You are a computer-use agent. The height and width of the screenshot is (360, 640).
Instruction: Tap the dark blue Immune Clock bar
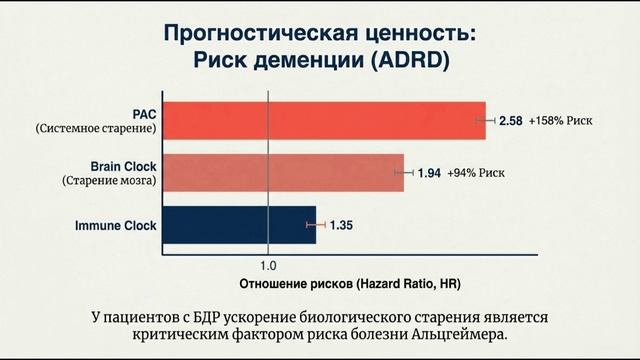238,225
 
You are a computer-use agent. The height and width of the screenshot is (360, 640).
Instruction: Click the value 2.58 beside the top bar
510,121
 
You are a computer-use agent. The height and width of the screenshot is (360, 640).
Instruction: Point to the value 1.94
429,173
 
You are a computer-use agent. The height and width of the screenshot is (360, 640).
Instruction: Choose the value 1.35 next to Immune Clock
342,225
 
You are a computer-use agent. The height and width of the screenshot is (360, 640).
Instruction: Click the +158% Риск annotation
561,121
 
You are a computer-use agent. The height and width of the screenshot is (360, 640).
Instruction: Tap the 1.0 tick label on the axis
268,267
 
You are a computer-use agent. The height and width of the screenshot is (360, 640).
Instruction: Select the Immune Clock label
116,225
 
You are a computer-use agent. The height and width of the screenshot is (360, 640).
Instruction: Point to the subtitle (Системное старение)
96,129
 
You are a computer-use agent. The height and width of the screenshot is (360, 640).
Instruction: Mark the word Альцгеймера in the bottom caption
464,334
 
